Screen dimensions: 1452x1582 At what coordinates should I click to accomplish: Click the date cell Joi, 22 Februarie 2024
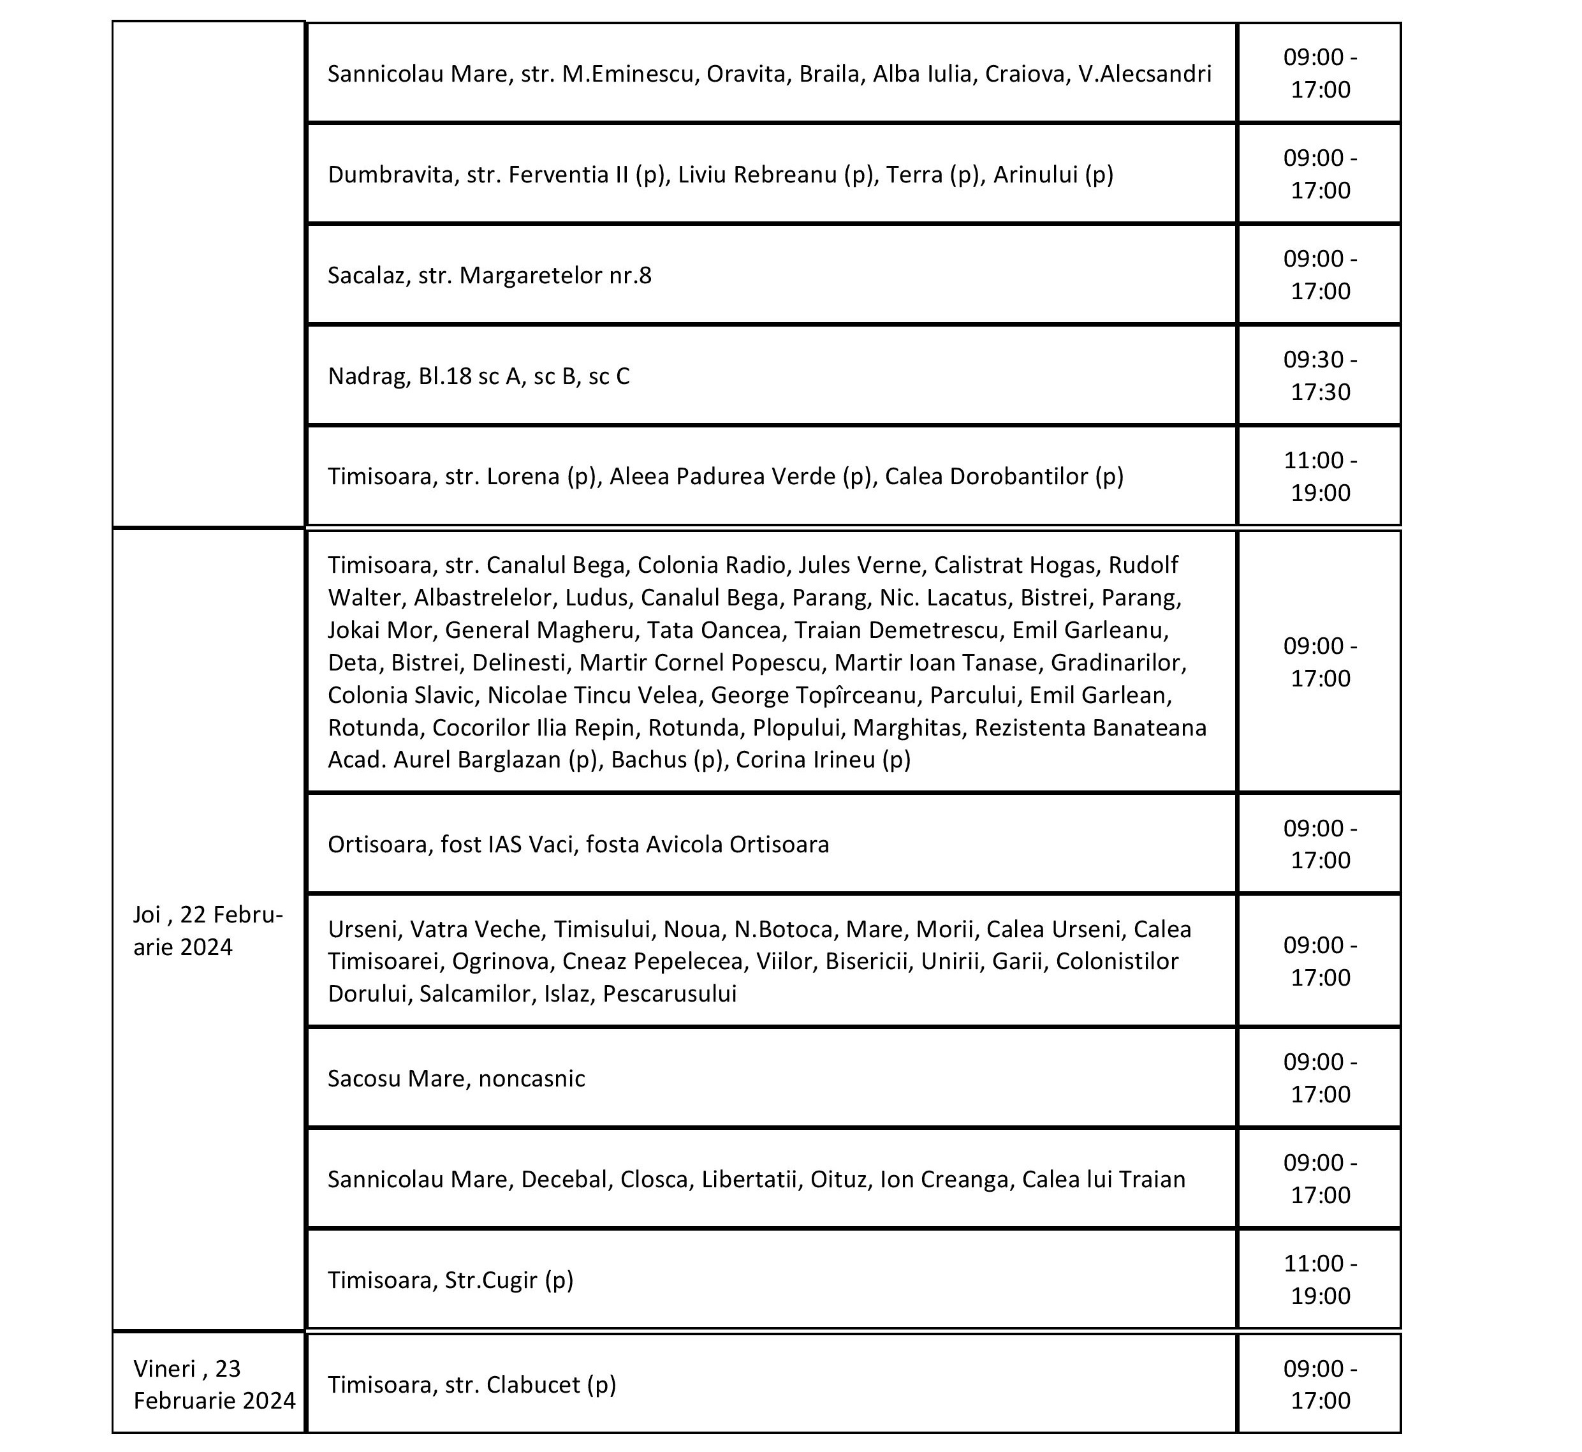pos(208,930)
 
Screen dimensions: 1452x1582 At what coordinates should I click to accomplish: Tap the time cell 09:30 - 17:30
pos(1320,376)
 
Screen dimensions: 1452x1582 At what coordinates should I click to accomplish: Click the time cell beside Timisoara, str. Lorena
pos(1320,476)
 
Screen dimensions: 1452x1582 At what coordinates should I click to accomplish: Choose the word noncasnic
pos(531,1079)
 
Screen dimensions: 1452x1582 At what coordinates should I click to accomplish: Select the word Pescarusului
pos(670,994)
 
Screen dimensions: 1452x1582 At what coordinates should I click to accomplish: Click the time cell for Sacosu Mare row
pos(1320,1078)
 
